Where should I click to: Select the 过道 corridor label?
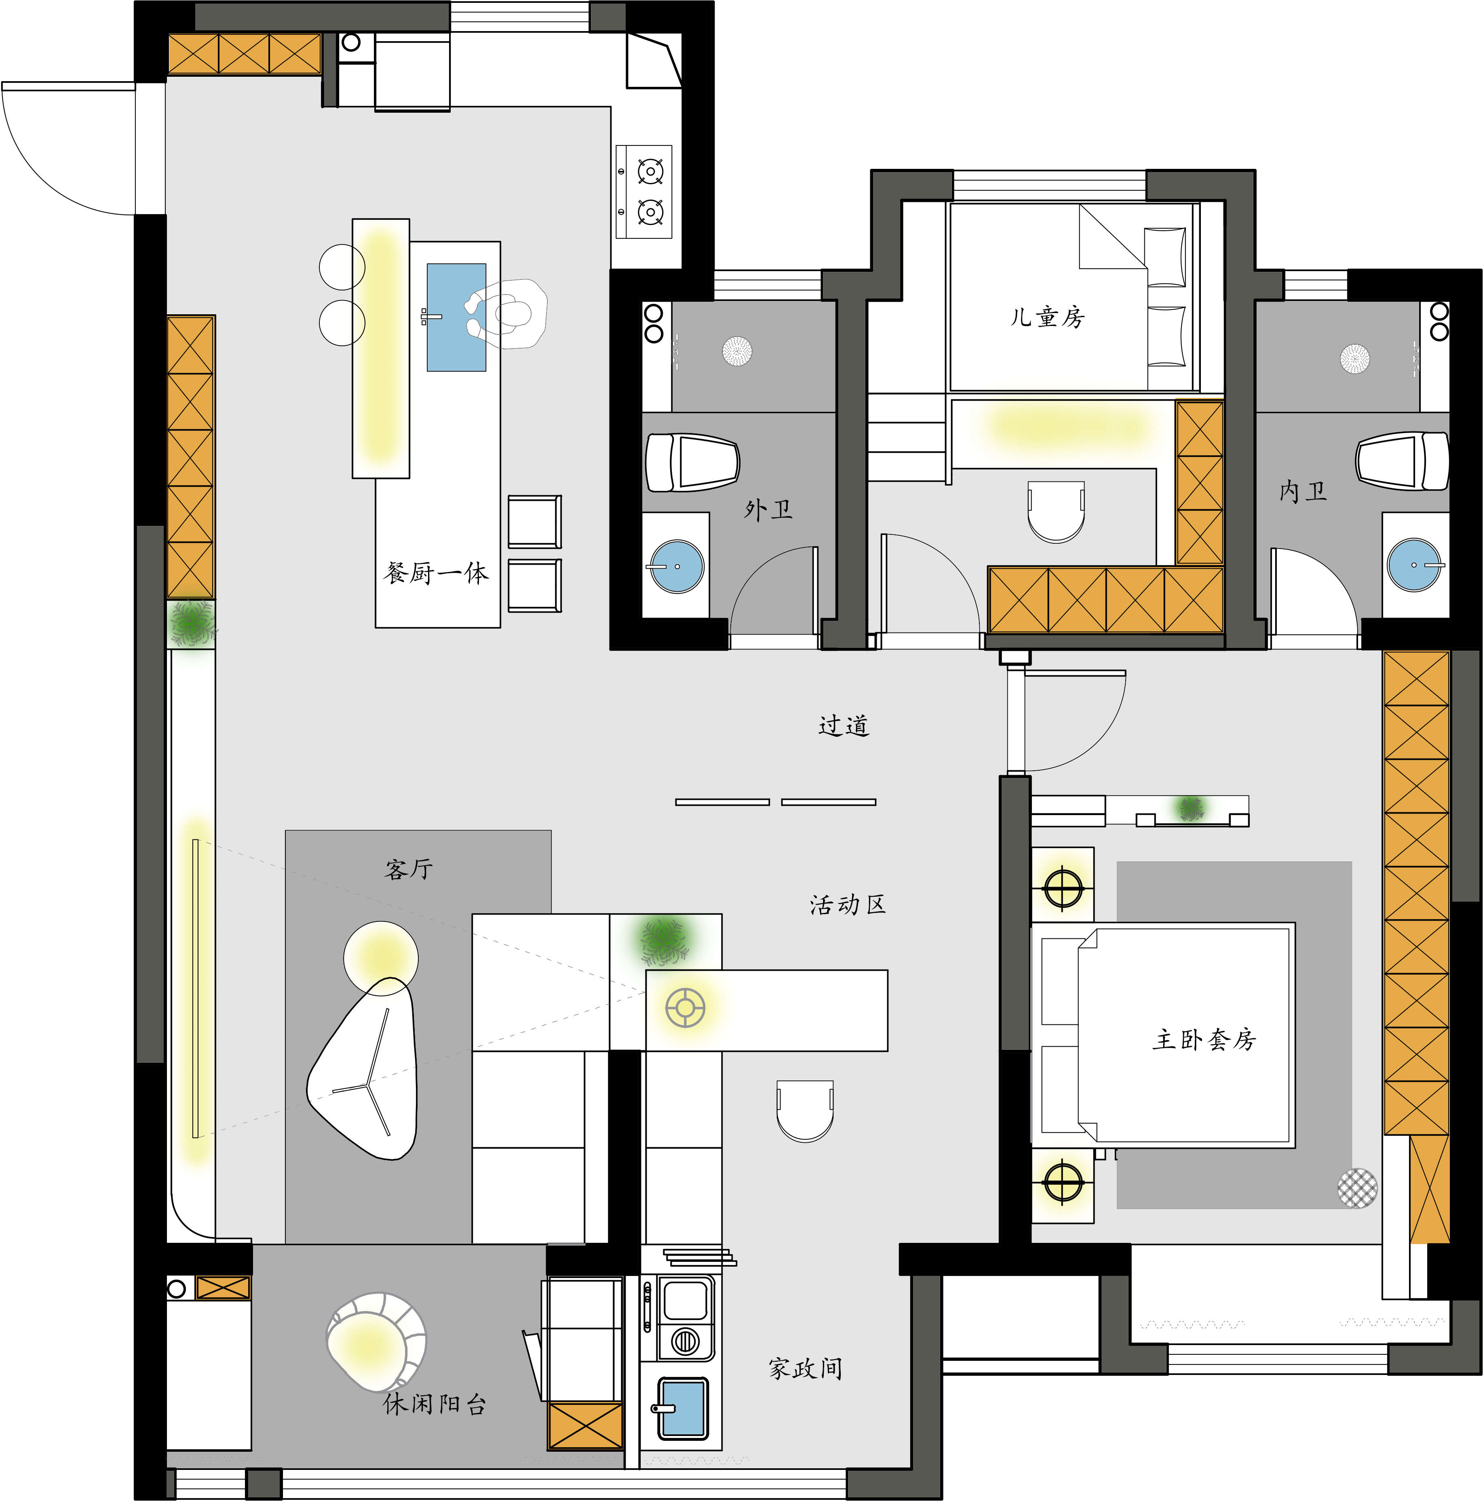[843, 725]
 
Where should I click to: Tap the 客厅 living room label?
[409, 868]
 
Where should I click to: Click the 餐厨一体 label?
[436, 573]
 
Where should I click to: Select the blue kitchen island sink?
[456, 317]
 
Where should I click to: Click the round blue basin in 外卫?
[677, 566]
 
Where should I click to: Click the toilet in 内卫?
[1402, 461]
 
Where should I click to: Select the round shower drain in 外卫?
[737, 350]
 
